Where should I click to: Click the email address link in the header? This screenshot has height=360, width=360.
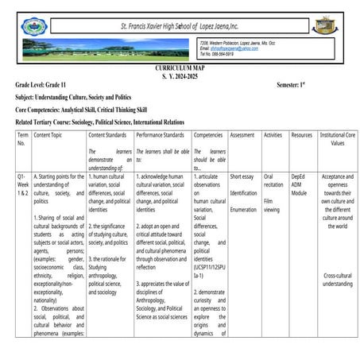[x=230, y=48]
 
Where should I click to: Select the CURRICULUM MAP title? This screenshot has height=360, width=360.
[x=180, y=70]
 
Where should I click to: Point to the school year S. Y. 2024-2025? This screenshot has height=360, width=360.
[x=180, y=77]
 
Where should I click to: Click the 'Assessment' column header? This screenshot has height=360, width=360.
[x=242, y=136]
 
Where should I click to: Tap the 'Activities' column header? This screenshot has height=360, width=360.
[x=273, y=136]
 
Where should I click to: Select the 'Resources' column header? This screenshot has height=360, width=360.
[x=301, y=136]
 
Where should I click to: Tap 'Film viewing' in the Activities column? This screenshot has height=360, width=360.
[x=272, y=206]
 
